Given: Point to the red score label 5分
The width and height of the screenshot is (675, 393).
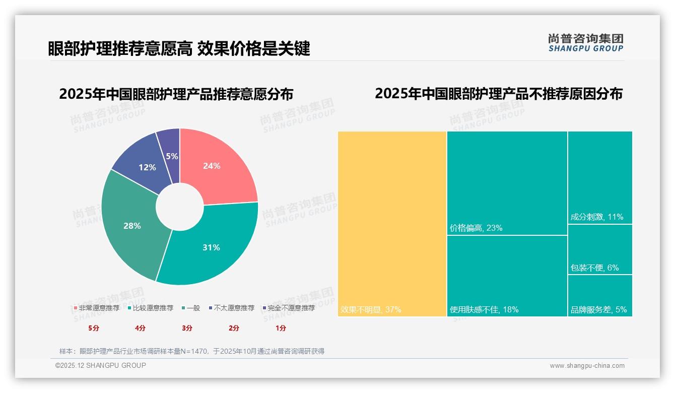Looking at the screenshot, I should [94, 328].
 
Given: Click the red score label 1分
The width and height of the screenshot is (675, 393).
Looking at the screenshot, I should [281, 328].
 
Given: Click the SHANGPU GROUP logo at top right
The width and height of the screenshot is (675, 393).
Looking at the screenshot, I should [585, 43].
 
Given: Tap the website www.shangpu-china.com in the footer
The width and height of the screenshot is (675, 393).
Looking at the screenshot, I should [587, 366].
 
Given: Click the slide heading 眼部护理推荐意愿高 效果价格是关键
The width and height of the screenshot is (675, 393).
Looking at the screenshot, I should [179, 48].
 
